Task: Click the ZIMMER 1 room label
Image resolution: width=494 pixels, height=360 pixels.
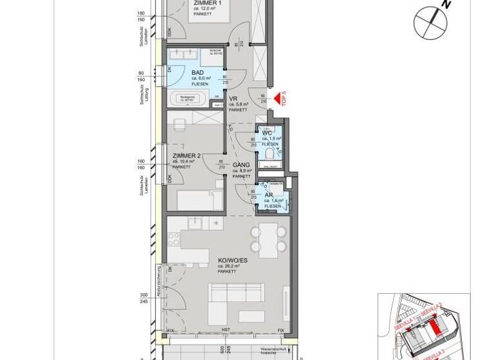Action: (x=207, y=3)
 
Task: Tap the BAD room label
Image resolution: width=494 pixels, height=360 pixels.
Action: (x=197, y=73)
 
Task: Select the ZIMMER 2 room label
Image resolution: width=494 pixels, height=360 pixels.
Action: (x=187, y=156)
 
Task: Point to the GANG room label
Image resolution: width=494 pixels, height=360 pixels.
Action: (x=241, y=165)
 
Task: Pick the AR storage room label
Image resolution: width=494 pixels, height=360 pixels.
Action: (x=269, y=195)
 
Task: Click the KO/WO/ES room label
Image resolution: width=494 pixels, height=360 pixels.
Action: (x=232, y=260)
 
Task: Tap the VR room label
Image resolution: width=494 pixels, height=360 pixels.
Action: (x=233, y=99)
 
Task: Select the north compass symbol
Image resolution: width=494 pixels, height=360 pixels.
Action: (x=431, y=22)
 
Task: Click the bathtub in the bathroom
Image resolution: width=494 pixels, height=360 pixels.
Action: (x=188, y=100)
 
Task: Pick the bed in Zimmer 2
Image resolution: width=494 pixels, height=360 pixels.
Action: (x=199, y=200)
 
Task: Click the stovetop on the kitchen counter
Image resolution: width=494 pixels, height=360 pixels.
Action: (x=174, y=239)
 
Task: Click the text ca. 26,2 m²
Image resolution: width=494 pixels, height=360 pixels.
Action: (x=228, y=266)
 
